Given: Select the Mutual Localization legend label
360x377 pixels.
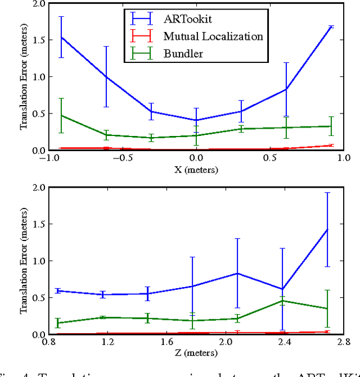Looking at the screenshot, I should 213,37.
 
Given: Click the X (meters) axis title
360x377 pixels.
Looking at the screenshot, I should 195,169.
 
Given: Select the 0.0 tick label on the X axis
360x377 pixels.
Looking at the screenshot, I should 196,158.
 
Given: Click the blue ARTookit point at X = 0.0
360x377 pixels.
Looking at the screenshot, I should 196,120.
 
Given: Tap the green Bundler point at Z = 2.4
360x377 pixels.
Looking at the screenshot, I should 282,301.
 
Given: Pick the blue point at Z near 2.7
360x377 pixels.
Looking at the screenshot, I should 327,229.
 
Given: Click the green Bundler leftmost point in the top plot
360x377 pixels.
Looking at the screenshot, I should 61,116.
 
